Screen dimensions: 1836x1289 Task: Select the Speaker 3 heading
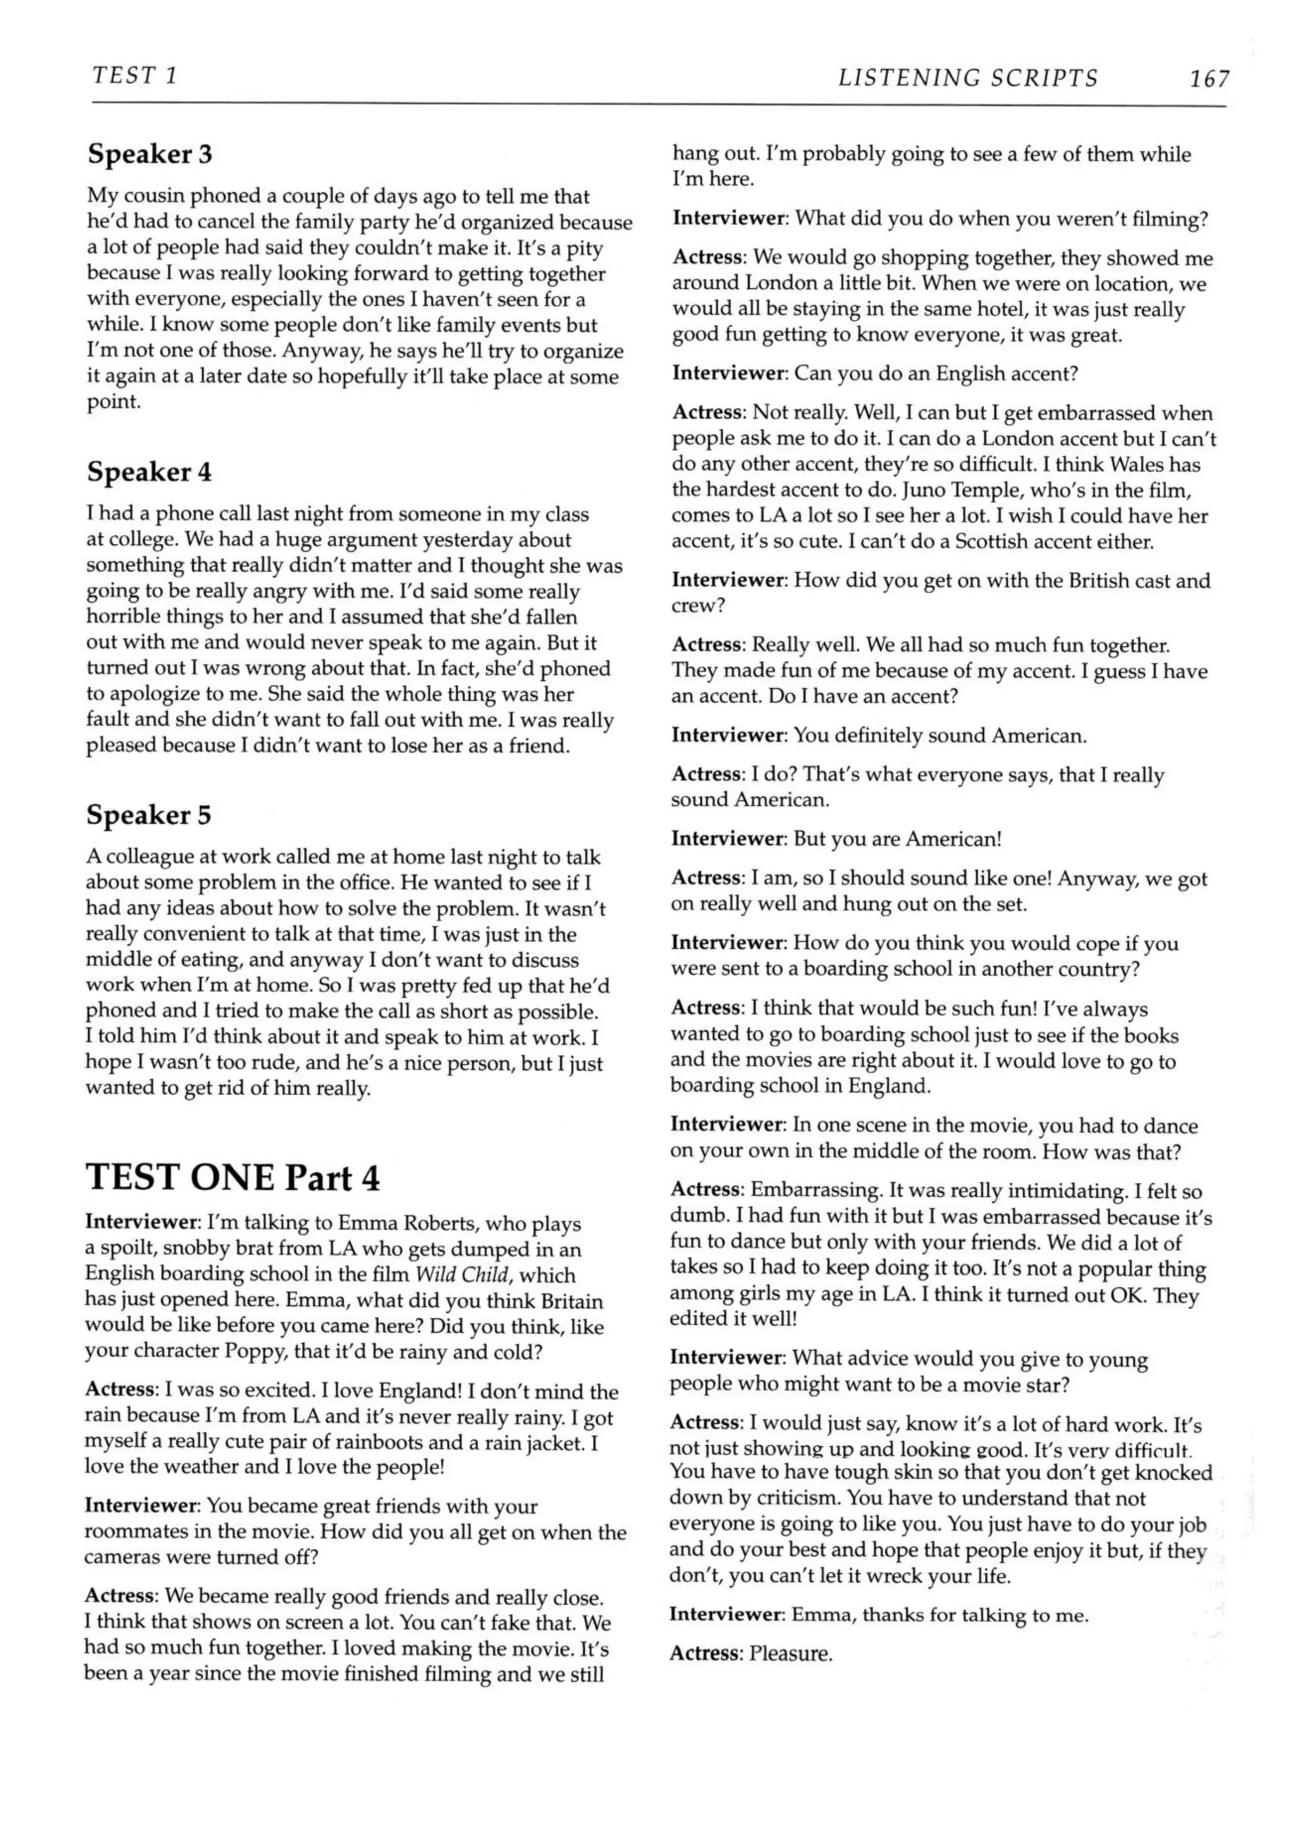150,154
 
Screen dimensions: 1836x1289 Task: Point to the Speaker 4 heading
150,472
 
